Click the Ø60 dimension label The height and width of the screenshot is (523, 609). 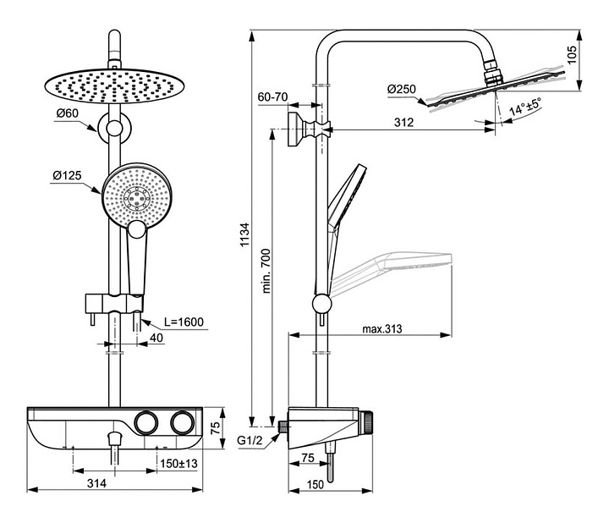click(67, 113)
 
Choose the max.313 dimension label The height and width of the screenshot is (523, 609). click(381, 328)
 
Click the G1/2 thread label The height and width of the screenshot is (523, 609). click(250, 440)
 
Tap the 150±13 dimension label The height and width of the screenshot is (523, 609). click(178, 463)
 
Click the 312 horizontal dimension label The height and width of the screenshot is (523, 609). click(403, 123)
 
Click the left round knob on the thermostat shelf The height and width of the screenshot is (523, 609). click(145, 422)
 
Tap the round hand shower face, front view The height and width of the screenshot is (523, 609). click(135, 195)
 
